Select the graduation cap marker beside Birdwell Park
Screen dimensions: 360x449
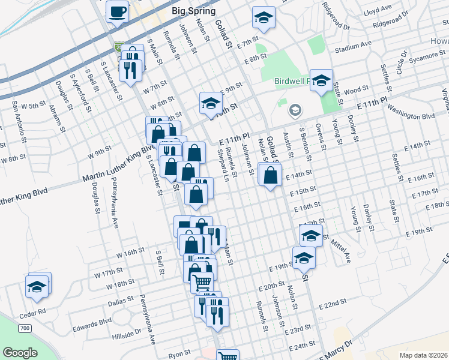[321, 80]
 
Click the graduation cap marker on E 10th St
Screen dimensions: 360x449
[211, 103]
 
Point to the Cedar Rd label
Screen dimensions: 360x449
[34, 312]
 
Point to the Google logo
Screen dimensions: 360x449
[20, 352]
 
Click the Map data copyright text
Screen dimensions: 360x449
[423, 355]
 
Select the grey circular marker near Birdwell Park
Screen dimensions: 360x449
[294, 110]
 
